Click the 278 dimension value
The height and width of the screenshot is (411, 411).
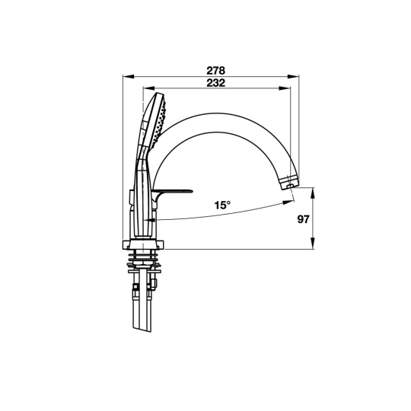point(215,71)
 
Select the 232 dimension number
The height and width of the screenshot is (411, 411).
point(215,83)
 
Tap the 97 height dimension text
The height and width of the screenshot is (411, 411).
point(303,219)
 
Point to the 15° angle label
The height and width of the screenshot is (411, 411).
point(222,205)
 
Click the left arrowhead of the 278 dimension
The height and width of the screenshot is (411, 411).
point(129,76)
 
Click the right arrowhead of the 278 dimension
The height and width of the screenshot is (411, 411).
point(293,76)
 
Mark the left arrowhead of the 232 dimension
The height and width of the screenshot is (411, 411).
point(148,88)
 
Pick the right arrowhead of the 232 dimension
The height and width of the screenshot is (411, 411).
point(285,88)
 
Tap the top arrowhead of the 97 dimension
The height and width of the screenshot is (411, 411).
point(313,193)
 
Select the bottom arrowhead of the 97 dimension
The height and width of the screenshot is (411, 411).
point(313,243)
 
